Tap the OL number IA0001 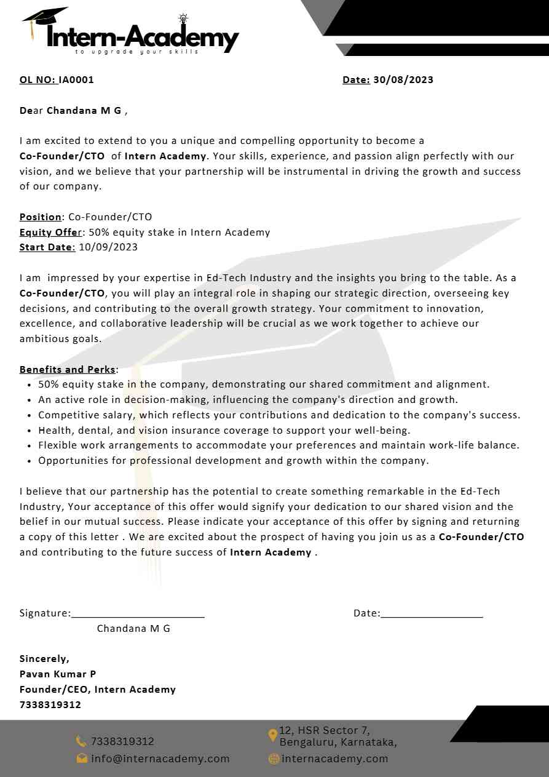76,79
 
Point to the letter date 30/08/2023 403,79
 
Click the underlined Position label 41,217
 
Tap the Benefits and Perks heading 68,370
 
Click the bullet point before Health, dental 30,431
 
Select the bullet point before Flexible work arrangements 30,446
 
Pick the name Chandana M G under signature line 133,629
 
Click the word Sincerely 44,659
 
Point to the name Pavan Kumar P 58,674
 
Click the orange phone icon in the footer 81,742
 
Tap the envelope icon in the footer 82,759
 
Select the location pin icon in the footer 273,736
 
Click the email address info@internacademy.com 160,759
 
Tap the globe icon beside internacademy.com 274,759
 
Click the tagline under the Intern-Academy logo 137,52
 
